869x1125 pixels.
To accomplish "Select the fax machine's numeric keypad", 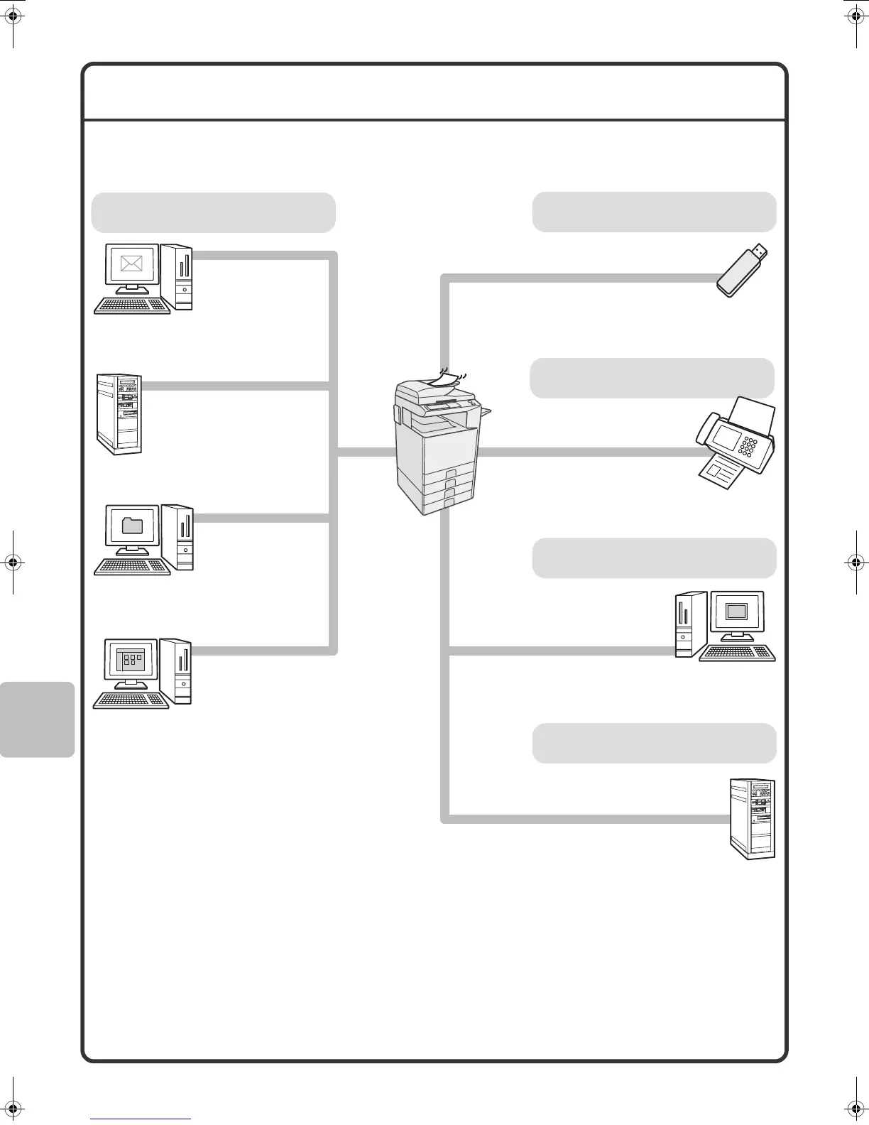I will [747, 446].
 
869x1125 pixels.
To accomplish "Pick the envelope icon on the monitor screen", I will [132, 264].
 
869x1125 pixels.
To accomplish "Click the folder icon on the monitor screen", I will [132, 526].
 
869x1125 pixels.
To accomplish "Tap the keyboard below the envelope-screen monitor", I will [133, 305].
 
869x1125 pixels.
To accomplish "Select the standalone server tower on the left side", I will [119, 413].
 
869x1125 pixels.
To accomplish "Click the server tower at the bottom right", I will [753, 818].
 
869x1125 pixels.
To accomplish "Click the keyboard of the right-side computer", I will [738, 653].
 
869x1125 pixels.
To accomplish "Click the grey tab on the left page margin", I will [37, 719].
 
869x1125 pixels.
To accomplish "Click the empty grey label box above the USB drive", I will [654, 212].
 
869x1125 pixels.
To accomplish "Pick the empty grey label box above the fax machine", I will [652, 378].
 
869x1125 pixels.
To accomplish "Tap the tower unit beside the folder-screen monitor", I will [184, 537].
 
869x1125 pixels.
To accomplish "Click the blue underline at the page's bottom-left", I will [141, 1119].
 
